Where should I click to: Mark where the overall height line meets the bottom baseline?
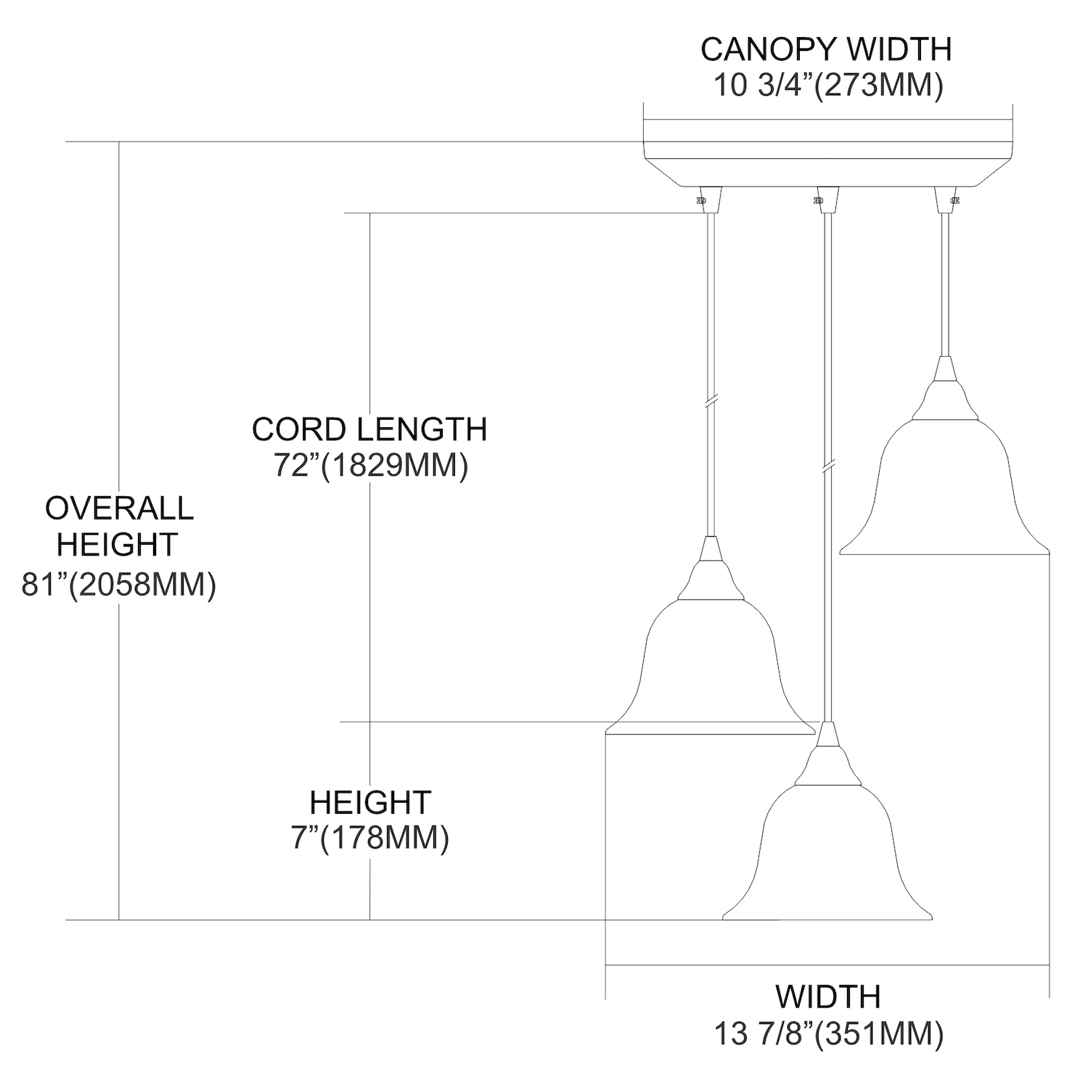coord(119,920)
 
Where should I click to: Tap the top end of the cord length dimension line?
coord(370,213)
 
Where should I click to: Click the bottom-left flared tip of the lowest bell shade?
coord(723,919)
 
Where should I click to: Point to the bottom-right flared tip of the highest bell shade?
coord(1050,554)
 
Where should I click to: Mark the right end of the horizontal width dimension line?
coord(1050,965)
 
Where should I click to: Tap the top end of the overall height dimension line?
coord(119,141)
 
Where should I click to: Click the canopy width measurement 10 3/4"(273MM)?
coord(828,86)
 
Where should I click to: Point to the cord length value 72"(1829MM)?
coord(370,465)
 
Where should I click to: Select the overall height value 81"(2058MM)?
coord(119,584)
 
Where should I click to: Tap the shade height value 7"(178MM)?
coord(370,838)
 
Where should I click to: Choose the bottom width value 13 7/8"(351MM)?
coord(828,1034)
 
